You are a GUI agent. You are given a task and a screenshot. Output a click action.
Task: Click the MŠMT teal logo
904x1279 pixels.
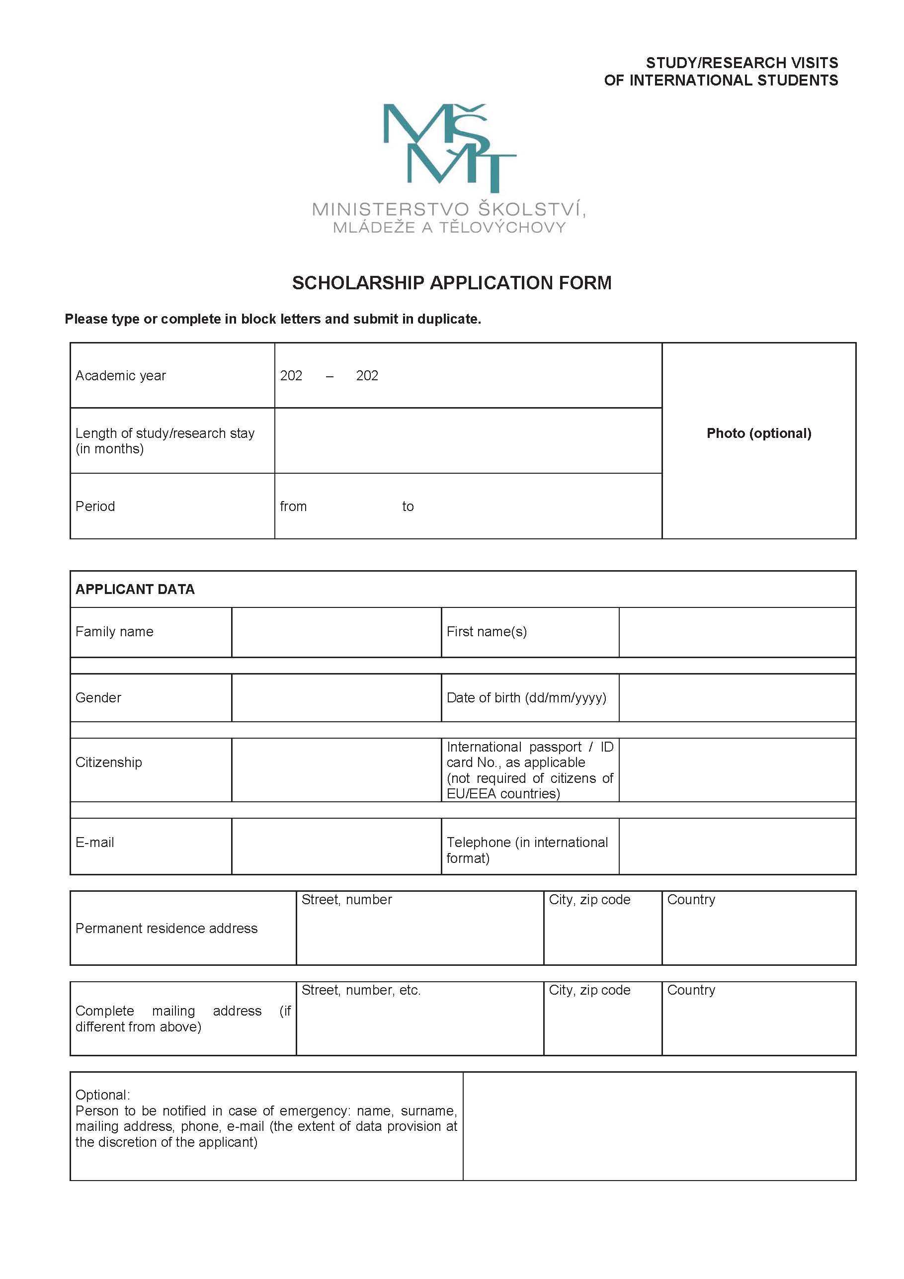coord(449,147)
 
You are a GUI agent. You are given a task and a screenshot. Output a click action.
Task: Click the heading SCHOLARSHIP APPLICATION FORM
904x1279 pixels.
coord(452,283)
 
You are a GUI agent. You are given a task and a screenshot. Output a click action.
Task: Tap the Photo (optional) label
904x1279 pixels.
coord(758,433)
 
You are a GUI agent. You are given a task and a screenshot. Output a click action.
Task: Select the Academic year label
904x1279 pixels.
coord(120,375)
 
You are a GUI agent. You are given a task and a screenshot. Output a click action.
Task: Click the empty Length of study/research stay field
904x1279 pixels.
coord(468,440)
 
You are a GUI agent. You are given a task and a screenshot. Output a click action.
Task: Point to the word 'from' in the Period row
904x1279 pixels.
coord(293,507)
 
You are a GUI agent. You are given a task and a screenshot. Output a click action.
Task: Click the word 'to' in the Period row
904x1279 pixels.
coord(408,507)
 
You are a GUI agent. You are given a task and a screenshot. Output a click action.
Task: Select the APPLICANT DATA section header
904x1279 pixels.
coord(135,590)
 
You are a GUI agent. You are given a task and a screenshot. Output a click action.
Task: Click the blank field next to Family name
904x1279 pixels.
coord(336,632)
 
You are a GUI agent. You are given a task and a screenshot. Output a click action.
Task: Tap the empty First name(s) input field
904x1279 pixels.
coord(737,632)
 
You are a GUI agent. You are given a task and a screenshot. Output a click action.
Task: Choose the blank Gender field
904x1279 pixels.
coord(336,697)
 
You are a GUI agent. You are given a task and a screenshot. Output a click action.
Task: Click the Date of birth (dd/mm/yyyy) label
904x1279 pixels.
coord(526,697)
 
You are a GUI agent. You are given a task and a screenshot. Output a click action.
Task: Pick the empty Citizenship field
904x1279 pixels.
coord(336,770)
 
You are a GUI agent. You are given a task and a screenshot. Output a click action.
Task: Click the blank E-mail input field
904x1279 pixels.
coord(336,846)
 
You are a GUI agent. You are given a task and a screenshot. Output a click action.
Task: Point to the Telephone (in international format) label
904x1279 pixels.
coord(527,850)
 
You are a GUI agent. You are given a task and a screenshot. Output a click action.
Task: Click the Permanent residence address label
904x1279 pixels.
coord(166,928)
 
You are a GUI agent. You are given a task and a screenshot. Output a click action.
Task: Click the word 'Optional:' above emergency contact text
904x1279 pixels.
coord(102,1095)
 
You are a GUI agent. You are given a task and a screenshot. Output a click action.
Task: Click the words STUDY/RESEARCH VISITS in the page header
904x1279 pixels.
coord(741,63)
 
